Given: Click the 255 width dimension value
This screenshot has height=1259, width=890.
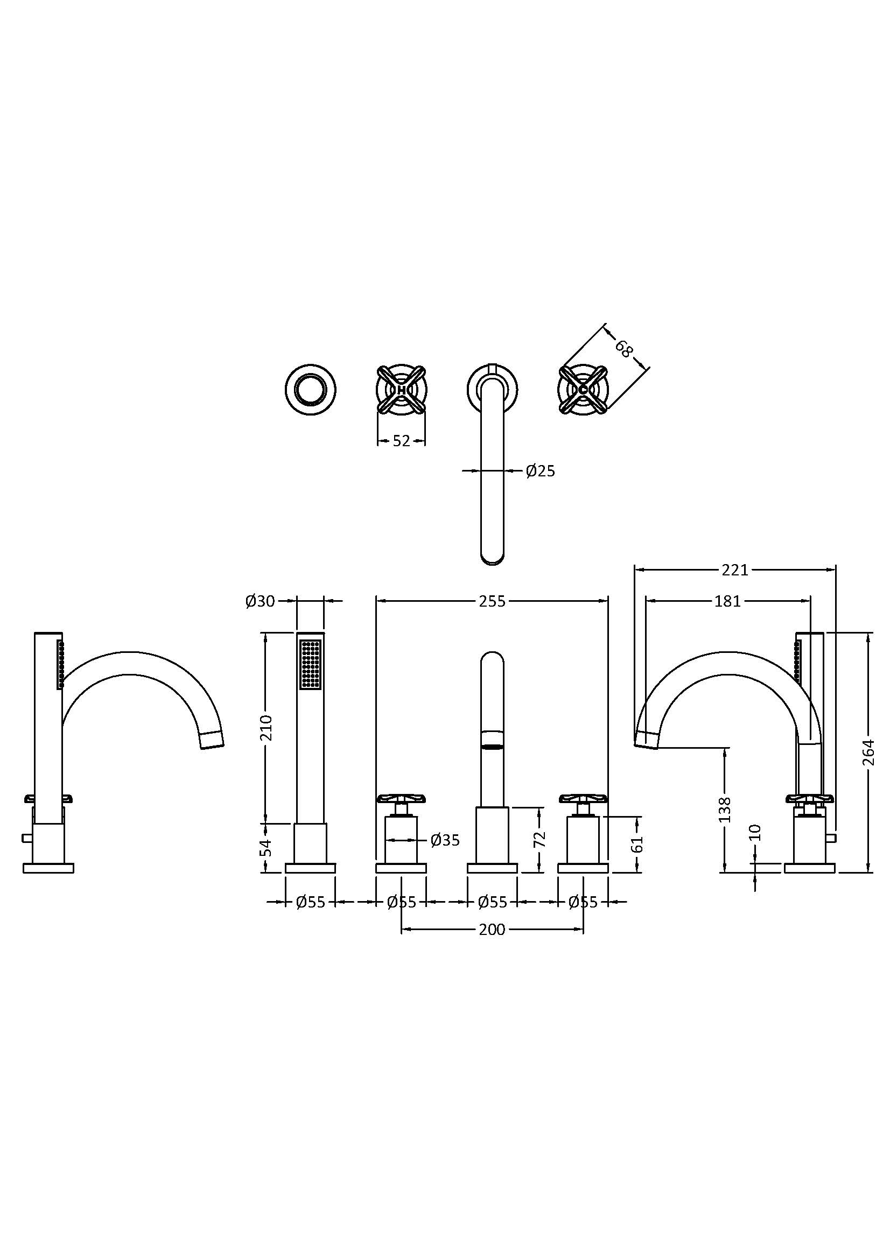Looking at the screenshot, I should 492,602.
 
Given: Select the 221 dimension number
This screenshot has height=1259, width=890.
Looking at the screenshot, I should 734,570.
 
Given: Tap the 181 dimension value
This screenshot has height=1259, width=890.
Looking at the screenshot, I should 727,602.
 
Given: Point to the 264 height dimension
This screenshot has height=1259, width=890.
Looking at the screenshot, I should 867,752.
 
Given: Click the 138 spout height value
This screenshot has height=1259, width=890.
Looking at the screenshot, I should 724,810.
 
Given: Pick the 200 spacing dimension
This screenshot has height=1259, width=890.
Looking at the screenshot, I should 492,930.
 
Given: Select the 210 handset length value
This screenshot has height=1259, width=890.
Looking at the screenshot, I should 266,727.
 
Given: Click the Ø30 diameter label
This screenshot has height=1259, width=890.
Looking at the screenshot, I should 260,602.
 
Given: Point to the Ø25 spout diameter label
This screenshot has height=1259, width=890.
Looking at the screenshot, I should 540,470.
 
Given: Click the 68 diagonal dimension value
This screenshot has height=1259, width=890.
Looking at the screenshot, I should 623,348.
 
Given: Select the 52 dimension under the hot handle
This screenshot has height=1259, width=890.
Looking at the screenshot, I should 402,440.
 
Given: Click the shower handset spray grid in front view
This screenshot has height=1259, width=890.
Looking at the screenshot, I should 310,664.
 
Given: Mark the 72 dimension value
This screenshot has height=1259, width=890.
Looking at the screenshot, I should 539,839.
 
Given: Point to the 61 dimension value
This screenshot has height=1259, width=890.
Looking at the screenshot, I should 636,845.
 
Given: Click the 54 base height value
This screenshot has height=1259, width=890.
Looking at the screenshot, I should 266,847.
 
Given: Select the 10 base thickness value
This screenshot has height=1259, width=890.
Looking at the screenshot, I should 755,832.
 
